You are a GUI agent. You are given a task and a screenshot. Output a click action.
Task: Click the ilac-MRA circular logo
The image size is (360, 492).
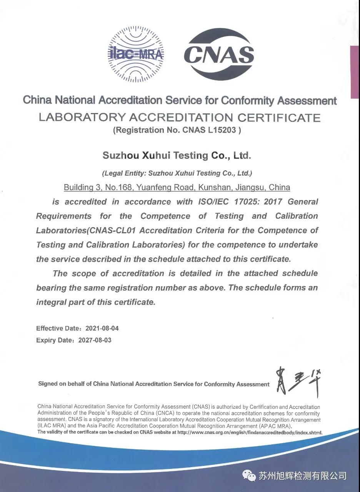(135, 54)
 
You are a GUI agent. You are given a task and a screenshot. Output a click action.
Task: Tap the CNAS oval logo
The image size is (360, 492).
(218, 54)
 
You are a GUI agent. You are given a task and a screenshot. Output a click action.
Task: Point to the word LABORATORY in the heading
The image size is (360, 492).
(82, 117)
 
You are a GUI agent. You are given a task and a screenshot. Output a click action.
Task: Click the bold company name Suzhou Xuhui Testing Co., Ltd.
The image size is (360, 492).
(177, 156)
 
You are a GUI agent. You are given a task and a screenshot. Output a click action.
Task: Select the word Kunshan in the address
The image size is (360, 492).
(215, 188)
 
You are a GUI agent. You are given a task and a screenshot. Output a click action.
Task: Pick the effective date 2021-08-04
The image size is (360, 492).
(97, 328)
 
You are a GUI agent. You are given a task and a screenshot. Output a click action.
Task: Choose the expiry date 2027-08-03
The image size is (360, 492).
(95, 340)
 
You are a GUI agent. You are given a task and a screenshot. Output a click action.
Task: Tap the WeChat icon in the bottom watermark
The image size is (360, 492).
(249, 476)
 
